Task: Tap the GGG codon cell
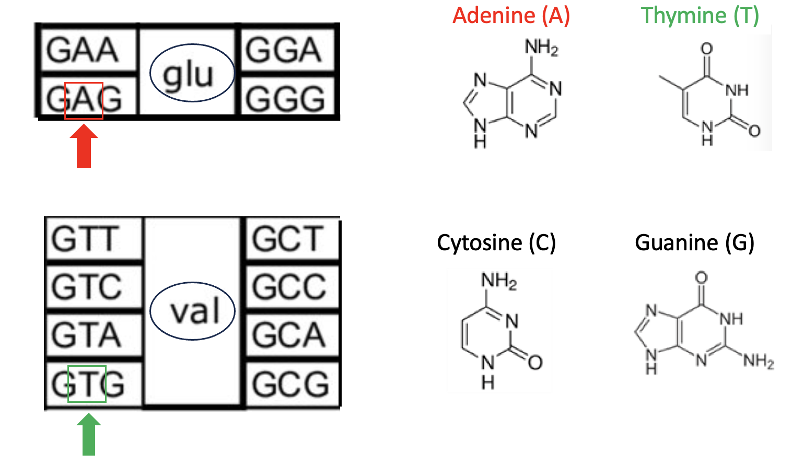[x=285, y=98]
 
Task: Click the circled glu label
[x=192, y=73]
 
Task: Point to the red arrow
[x=84, y=146]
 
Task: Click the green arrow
[x=89, y=435]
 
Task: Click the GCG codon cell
[x=290, y=384]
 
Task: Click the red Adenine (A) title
[x=511, y=15]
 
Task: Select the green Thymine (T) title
[x=700, y=15]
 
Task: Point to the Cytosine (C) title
[x=496, y=242]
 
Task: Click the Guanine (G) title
[x=694, y=242]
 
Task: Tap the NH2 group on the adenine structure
[x=541, y=48]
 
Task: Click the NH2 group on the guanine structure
[x=758, y=361]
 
